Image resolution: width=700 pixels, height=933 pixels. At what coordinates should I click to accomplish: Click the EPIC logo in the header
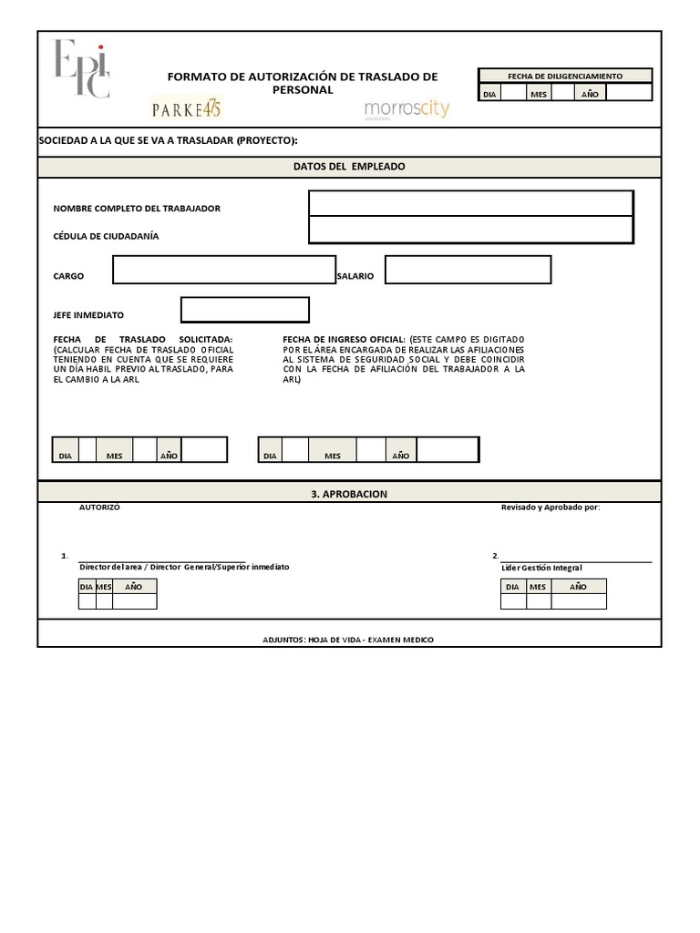point(82,68)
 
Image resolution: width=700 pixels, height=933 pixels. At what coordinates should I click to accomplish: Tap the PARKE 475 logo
point(186,108)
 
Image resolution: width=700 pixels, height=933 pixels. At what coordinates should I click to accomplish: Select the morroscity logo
point(407,109)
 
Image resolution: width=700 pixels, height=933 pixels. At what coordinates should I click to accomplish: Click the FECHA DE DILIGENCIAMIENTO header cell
point(564,76)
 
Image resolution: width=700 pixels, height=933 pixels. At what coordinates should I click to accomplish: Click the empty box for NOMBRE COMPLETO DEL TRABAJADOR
point(470,203)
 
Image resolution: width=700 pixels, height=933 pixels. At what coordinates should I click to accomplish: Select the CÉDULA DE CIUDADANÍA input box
point(470,230)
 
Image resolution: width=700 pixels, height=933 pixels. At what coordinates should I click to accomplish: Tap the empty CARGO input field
point(224,270)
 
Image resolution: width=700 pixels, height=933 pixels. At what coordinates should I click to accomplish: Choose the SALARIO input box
point(468,270)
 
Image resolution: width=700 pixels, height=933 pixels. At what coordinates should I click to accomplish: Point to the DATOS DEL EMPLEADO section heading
point(349,167)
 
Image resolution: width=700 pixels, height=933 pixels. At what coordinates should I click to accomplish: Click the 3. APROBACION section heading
point(349,494)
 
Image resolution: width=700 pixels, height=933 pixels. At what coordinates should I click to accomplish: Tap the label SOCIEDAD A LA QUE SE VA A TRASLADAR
point(168,140)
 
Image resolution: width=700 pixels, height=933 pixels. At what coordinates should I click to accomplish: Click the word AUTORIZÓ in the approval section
point(99,508)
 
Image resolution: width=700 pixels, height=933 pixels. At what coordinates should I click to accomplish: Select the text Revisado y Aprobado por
point(551,508)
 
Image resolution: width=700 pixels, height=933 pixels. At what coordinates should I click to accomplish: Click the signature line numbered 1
point(161,558)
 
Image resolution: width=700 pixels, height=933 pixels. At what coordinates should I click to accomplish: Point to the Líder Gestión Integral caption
point(541,568)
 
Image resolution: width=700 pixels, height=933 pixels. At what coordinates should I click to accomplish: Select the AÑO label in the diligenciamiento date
point(590,94)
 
